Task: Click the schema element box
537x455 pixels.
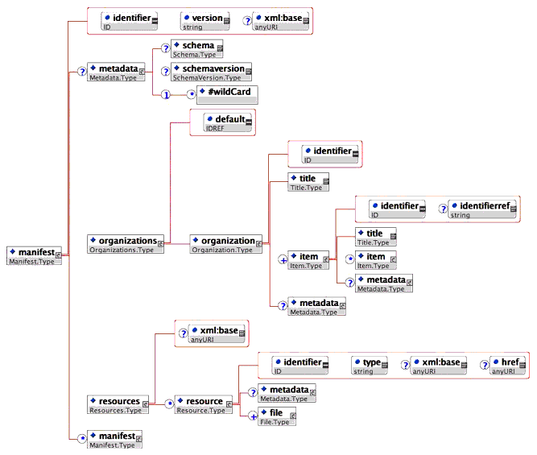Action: [x=192, y=50]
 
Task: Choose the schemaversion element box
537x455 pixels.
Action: [x=212, y=73]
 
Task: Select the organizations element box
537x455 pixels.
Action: [x=126, y=244]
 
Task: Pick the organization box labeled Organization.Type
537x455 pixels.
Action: [x=226, y=244]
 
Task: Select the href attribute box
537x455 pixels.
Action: [x=508, y=366]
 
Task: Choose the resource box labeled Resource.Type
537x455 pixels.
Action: [x=205, y=404]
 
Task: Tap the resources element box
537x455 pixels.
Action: [x=118, y=404]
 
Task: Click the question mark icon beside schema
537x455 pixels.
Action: [x=165, y=49]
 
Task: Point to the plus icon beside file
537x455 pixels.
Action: [x=253, y=416]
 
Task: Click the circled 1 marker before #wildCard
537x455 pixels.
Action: [x=165, y=95]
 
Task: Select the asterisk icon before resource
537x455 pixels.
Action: [x=169, y=404]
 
